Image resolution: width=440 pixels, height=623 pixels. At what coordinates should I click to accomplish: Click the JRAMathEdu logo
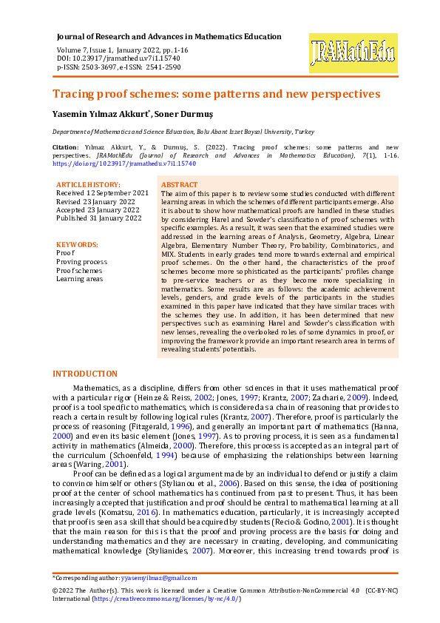pos(353,54)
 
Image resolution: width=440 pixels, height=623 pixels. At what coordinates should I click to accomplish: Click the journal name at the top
pos(169,36)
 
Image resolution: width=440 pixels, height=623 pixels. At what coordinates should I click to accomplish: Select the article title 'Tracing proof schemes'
pos(216,94)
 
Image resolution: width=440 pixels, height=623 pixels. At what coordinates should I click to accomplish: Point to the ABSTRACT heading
pos(179,184)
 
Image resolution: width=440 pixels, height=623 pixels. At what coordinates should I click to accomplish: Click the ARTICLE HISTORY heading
pos(88,184)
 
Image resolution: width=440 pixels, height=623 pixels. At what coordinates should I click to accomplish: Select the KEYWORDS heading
pos(77,244)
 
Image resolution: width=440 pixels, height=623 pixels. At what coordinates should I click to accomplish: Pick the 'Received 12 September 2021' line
pos(102,192)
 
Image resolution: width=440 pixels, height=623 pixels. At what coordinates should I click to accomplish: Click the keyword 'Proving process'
pos(81,261)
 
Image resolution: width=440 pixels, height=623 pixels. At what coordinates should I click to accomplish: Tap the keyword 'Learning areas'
pos(80,278)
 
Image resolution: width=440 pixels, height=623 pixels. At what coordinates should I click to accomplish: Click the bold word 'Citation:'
pos(66,148)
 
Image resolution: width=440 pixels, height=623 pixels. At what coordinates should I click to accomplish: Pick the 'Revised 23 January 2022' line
pos(97,201)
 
